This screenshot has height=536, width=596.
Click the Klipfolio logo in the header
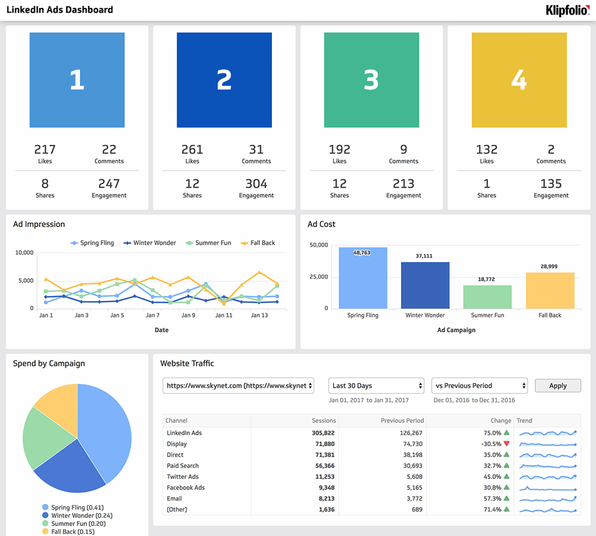[567, 10]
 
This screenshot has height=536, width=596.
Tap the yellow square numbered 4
[519, 80]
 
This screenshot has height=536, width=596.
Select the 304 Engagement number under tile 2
[256, 184]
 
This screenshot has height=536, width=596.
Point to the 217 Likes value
[45, 150]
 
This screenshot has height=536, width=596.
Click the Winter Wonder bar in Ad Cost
[425, 285]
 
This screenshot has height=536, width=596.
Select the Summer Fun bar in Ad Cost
[487, 297]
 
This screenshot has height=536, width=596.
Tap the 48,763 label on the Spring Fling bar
[362, 253]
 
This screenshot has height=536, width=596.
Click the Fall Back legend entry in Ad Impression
[258, 243]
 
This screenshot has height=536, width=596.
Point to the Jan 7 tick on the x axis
[152, 315]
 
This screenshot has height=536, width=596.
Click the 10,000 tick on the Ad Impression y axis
[24, 253]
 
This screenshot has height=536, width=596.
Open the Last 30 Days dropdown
[376, 386]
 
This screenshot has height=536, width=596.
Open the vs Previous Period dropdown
[479, 386]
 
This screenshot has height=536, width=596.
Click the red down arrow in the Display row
[506, 444]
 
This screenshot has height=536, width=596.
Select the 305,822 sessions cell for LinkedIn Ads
[323, 433]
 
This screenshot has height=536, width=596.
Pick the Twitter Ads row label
[183, 476]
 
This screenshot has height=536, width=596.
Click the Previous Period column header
[402, 420]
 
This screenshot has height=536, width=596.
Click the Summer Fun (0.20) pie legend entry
[78, 524]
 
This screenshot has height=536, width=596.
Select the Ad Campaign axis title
[456, 330]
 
